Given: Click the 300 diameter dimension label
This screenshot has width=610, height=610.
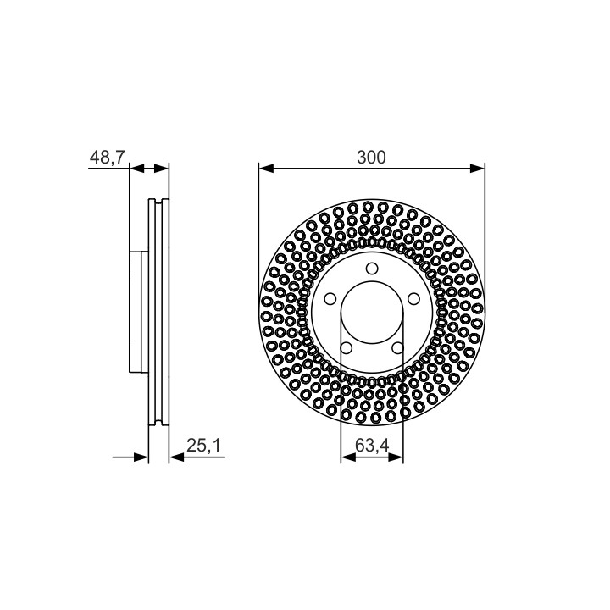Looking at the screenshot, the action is coord(372,158).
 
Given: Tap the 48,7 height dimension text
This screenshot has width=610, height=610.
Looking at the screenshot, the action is coord(107,158).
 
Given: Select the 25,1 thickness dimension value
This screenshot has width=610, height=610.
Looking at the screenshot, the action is coord(203,446).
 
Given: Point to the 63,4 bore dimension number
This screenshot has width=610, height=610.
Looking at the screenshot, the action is coord(372,446).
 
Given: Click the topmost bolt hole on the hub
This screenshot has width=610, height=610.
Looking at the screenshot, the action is coord(372,269).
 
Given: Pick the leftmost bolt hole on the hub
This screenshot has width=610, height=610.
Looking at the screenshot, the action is coord(330,299).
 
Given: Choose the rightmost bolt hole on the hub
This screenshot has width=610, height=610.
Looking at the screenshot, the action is coord(414,299).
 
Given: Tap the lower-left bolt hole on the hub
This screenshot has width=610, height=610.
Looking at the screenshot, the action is coord(346,348).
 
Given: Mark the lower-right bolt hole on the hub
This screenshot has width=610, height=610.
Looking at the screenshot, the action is coord(397,348).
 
